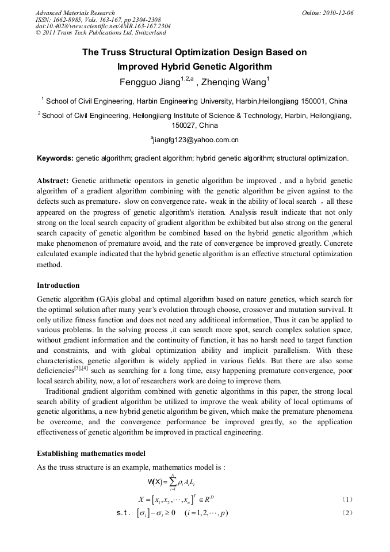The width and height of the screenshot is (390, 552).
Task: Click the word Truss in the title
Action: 114,52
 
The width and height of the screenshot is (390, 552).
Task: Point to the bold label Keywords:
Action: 55,158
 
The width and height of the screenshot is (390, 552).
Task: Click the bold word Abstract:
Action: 53,180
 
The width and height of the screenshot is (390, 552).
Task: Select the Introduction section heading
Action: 58,285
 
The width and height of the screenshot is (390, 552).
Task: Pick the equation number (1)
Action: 347,498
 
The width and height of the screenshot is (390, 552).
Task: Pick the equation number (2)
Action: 347,513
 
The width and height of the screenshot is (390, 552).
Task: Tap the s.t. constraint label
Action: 124,513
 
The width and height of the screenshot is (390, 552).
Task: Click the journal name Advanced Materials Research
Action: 75,13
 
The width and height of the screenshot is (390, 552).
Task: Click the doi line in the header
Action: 102,26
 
